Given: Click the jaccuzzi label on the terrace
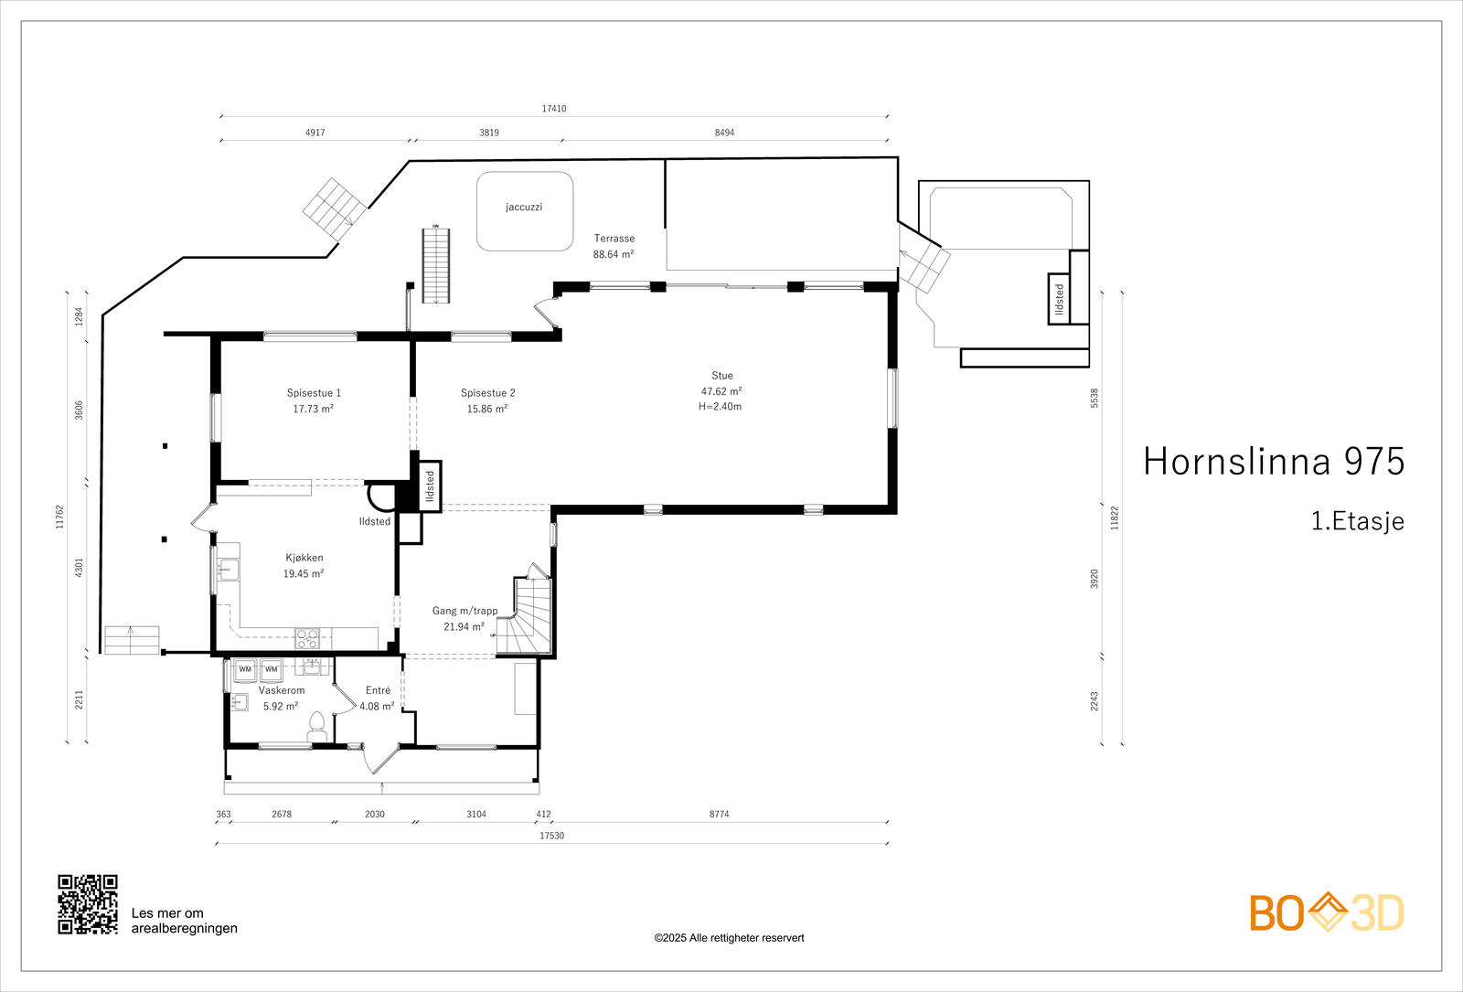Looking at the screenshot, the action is tap(524, 207).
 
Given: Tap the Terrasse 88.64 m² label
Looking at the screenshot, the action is tap(614, 246).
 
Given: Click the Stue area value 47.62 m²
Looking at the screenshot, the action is tap(721, 391).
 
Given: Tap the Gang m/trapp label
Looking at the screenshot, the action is tap(465, 611).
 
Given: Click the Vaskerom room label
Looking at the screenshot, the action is tap(282, 690).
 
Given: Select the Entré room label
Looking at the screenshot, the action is tap(378, 690).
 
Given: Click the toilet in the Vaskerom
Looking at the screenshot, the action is tap(316, 727).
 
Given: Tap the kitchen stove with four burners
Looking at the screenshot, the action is tap(307, 638).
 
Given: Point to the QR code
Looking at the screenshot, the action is tap(88, 904).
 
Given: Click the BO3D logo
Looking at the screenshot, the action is tap(1327, 912).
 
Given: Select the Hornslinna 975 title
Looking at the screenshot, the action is tap(1274, 462).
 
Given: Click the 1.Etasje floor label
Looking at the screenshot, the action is tap(1357, 521).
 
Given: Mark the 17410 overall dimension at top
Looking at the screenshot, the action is tap(554, 109).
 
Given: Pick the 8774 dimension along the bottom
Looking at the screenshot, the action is tap(719, 814).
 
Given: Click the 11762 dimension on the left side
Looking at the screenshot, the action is tap(59, 517).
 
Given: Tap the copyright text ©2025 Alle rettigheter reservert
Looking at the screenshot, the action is tap(729, 938).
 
